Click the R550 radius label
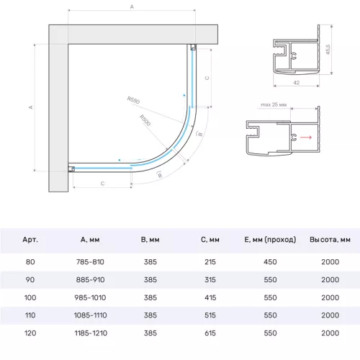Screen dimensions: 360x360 pos(134,100)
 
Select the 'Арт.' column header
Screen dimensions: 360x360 pos(30,240)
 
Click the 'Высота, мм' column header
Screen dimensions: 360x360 pos(330,240)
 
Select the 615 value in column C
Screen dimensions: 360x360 pos(211,333)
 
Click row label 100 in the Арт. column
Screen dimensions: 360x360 pos(30,297)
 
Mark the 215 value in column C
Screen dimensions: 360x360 pos(211,261)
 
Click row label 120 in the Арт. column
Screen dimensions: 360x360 pos(30,333)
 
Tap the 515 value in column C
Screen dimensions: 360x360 pos(211,315)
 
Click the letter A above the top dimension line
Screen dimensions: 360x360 pos(132,6)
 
